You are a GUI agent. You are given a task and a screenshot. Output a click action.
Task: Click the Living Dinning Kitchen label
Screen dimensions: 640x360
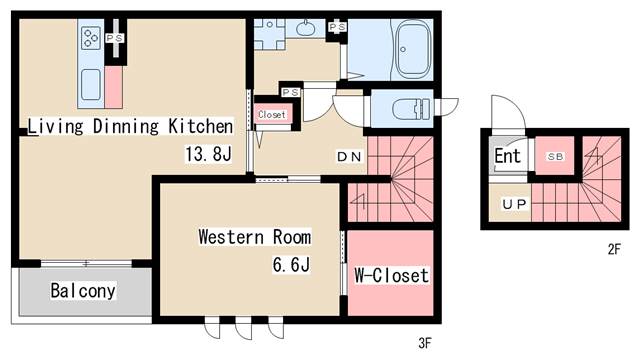[x=130, y=126]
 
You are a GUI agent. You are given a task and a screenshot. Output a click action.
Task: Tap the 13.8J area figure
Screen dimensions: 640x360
[x=209, y=154]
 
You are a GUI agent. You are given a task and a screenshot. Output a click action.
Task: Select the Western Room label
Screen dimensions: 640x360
[x=255, y=237]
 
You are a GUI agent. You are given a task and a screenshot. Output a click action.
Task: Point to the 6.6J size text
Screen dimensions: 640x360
[x=291, y=264]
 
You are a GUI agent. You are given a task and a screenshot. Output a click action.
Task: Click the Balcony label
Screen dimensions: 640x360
[x=83, y=291]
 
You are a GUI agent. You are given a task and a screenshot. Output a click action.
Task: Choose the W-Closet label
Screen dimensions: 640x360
[x=391, y=275]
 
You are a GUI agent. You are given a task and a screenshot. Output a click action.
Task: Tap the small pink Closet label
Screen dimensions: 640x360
[x=272, y=115]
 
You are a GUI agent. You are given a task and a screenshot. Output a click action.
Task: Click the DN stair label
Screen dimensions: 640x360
[x=349, y=156]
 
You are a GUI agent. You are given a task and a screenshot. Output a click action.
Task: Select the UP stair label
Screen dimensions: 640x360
[x=514, y=204]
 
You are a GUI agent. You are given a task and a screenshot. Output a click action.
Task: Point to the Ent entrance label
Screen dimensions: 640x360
[x=507, y=156]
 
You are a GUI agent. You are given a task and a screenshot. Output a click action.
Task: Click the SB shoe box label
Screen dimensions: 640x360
[x=555, y=156]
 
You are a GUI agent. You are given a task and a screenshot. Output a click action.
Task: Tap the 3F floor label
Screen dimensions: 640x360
[x=425, y=343]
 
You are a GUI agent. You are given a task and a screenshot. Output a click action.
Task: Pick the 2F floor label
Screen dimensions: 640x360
[x=614, y=249]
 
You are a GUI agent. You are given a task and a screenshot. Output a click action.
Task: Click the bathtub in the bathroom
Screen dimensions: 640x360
[x=413, y=50]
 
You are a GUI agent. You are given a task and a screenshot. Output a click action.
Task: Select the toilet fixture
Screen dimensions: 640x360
[x=411, y=109]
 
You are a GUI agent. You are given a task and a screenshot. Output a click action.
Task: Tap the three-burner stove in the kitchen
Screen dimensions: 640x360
[x=91, y=38]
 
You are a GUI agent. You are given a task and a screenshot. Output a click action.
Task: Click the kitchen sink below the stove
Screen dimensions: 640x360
[x=91, y=84]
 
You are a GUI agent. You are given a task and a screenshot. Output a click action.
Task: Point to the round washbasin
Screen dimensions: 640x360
[x=304, y=28]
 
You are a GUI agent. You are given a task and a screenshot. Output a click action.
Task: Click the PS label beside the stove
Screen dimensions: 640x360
[x=115, y=38]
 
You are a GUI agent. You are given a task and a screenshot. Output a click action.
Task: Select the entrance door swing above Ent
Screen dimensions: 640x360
[x=509, y=111]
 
